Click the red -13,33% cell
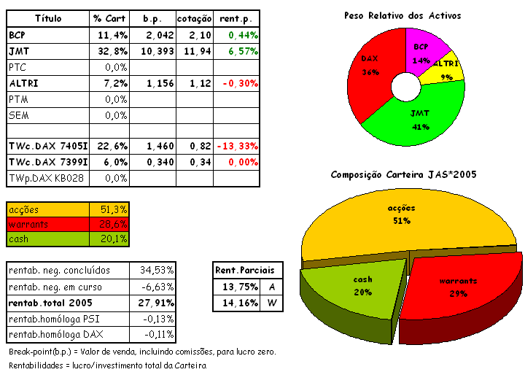point(238,147)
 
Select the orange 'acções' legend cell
point(47,209)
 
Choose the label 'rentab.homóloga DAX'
point(58,335)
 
